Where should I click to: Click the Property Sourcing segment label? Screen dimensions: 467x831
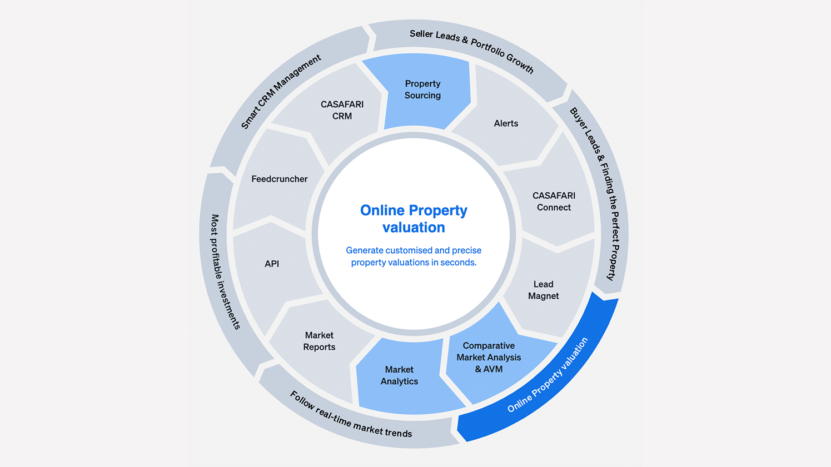[422, 89]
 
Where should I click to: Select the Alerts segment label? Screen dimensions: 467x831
[506, 123]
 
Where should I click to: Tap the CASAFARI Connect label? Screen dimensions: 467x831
[554, 202]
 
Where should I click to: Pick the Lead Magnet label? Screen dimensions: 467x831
[543, 290]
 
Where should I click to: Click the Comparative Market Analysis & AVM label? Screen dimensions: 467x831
[489, 357]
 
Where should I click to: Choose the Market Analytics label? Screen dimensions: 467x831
[399, 375]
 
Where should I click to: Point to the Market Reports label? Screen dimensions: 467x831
[319, 341]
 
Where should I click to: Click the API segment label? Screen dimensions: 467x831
[272, 264]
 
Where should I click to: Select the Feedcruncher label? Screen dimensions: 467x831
[279, 179]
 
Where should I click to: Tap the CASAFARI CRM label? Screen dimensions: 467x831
[342, 110]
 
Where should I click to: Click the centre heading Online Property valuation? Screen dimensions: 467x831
[414, 219]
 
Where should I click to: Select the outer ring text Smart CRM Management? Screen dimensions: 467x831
[281, 92]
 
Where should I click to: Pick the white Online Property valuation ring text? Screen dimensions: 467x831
[548, 375]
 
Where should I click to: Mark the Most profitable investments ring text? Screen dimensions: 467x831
[225, 272]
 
